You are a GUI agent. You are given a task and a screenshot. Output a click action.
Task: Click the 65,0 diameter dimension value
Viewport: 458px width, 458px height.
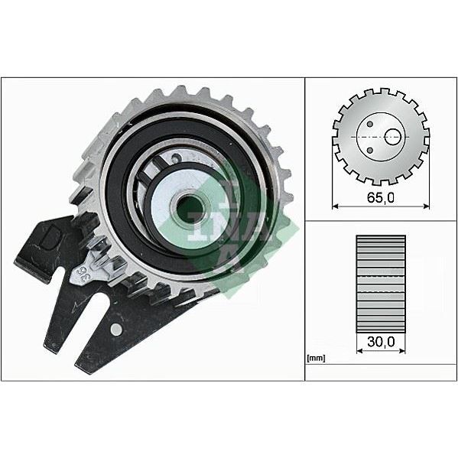pyautogui.click(x=380, y=197)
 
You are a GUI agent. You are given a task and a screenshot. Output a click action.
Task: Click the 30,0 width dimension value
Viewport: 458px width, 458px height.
pyautogui.click(x=380, y=343)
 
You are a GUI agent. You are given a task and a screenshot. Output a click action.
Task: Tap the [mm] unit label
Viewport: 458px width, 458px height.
pyautogui.click(x=314, y=358)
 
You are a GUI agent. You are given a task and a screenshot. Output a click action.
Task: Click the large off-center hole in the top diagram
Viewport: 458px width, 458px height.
pyautogui.click(x=392, y=137)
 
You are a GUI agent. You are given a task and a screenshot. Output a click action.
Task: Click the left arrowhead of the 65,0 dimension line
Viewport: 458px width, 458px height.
pyautogui.click(x=335, y=206)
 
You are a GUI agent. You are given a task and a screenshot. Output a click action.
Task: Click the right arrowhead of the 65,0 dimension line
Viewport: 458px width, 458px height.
pyautogui.click(x=427, y=206)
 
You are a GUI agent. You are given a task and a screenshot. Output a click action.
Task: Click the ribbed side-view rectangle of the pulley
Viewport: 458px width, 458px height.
pyautogui.click(x=381, y=283)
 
